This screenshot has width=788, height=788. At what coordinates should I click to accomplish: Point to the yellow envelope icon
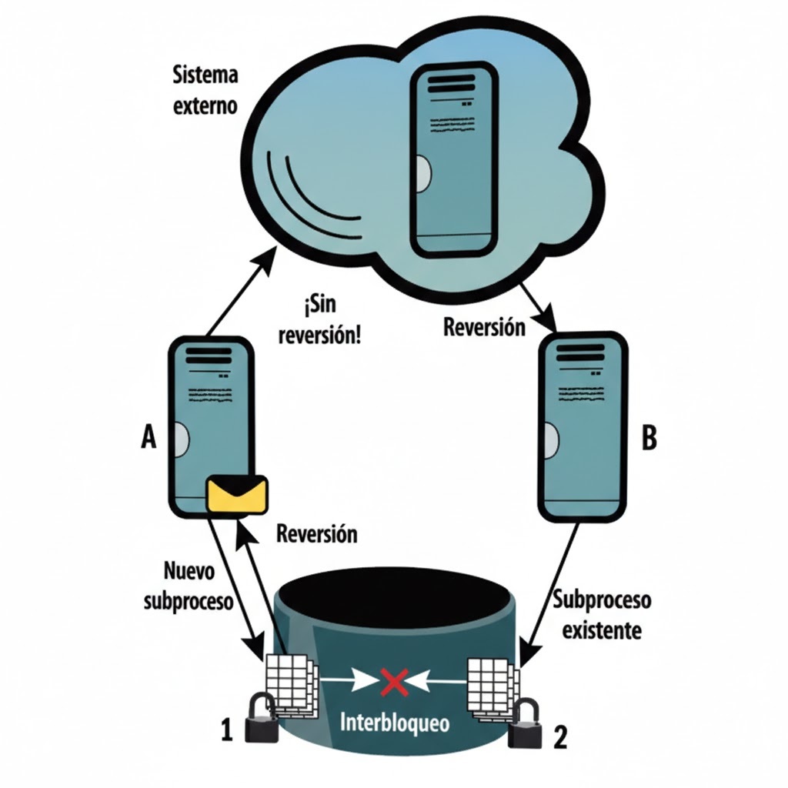click(239, 494)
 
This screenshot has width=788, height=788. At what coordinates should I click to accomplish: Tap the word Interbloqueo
click(396, 723)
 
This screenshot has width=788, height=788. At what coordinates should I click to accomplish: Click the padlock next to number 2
click(526, 724)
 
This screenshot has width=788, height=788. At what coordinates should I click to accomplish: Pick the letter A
click(149, 438)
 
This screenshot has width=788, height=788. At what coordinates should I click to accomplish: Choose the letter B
click(649, 439)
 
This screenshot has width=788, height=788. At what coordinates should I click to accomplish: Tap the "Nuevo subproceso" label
click(188, 586)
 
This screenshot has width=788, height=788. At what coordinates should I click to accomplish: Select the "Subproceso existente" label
click(602, 615)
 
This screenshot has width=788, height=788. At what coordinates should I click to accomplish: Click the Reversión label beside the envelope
click(316, 534)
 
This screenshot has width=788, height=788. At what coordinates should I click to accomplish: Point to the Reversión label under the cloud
click(484, 326)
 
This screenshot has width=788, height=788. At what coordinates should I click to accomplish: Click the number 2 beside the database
click(561, 739)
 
